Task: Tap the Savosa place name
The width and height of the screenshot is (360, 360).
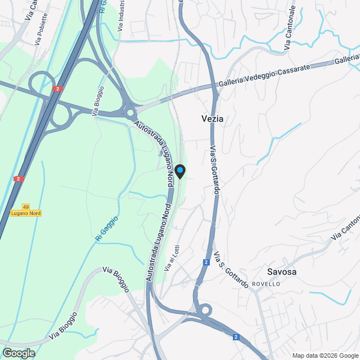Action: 282,272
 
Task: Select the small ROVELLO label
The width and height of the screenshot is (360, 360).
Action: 265,284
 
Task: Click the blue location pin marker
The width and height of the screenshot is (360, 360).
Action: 180,171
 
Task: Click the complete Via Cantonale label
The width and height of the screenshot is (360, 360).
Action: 290,28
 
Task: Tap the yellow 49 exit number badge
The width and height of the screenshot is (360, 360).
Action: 26,206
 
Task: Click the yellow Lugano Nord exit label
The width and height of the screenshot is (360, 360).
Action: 26,213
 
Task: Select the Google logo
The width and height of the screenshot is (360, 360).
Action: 18,353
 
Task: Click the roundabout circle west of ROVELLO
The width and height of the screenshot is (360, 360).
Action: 205,309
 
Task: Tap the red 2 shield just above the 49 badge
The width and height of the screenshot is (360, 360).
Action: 19,179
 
